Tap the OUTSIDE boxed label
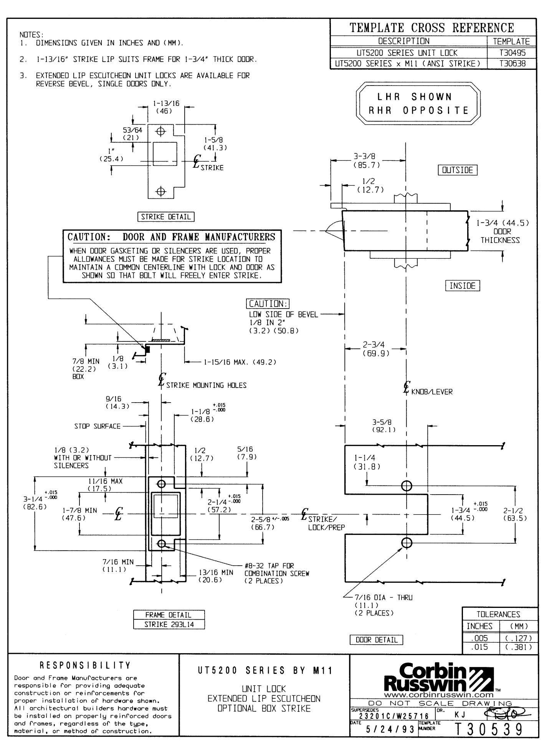point(458,170)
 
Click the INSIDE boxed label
point(463,286)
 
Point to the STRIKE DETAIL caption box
point(166,216)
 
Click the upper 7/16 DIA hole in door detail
point(406,486)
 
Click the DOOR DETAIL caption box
point(376,640)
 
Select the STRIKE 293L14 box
point(169,624)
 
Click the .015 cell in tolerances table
point(480,647)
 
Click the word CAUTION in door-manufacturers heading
point(89,237)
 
